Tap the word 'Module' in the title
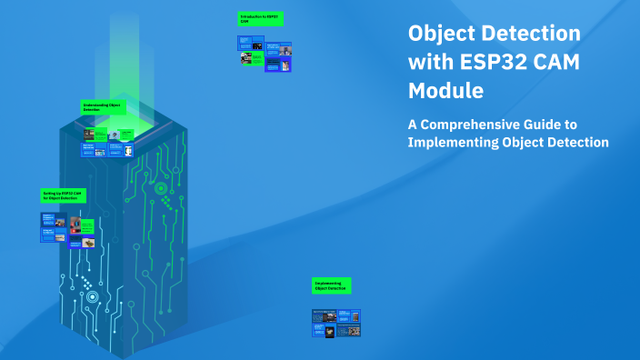point(445,91)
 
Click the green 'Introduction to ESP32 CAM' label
point(259,18)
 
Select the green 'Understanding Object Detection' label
point(101,106)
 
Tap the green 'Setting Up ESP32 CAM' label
point(63,195)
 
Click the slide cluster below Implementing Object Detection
point(336,323)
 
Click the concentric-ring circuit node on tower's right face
point(160,188)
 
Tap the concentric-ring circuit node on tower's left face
point(92,296)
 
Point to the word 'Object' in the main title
point(439,34)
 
